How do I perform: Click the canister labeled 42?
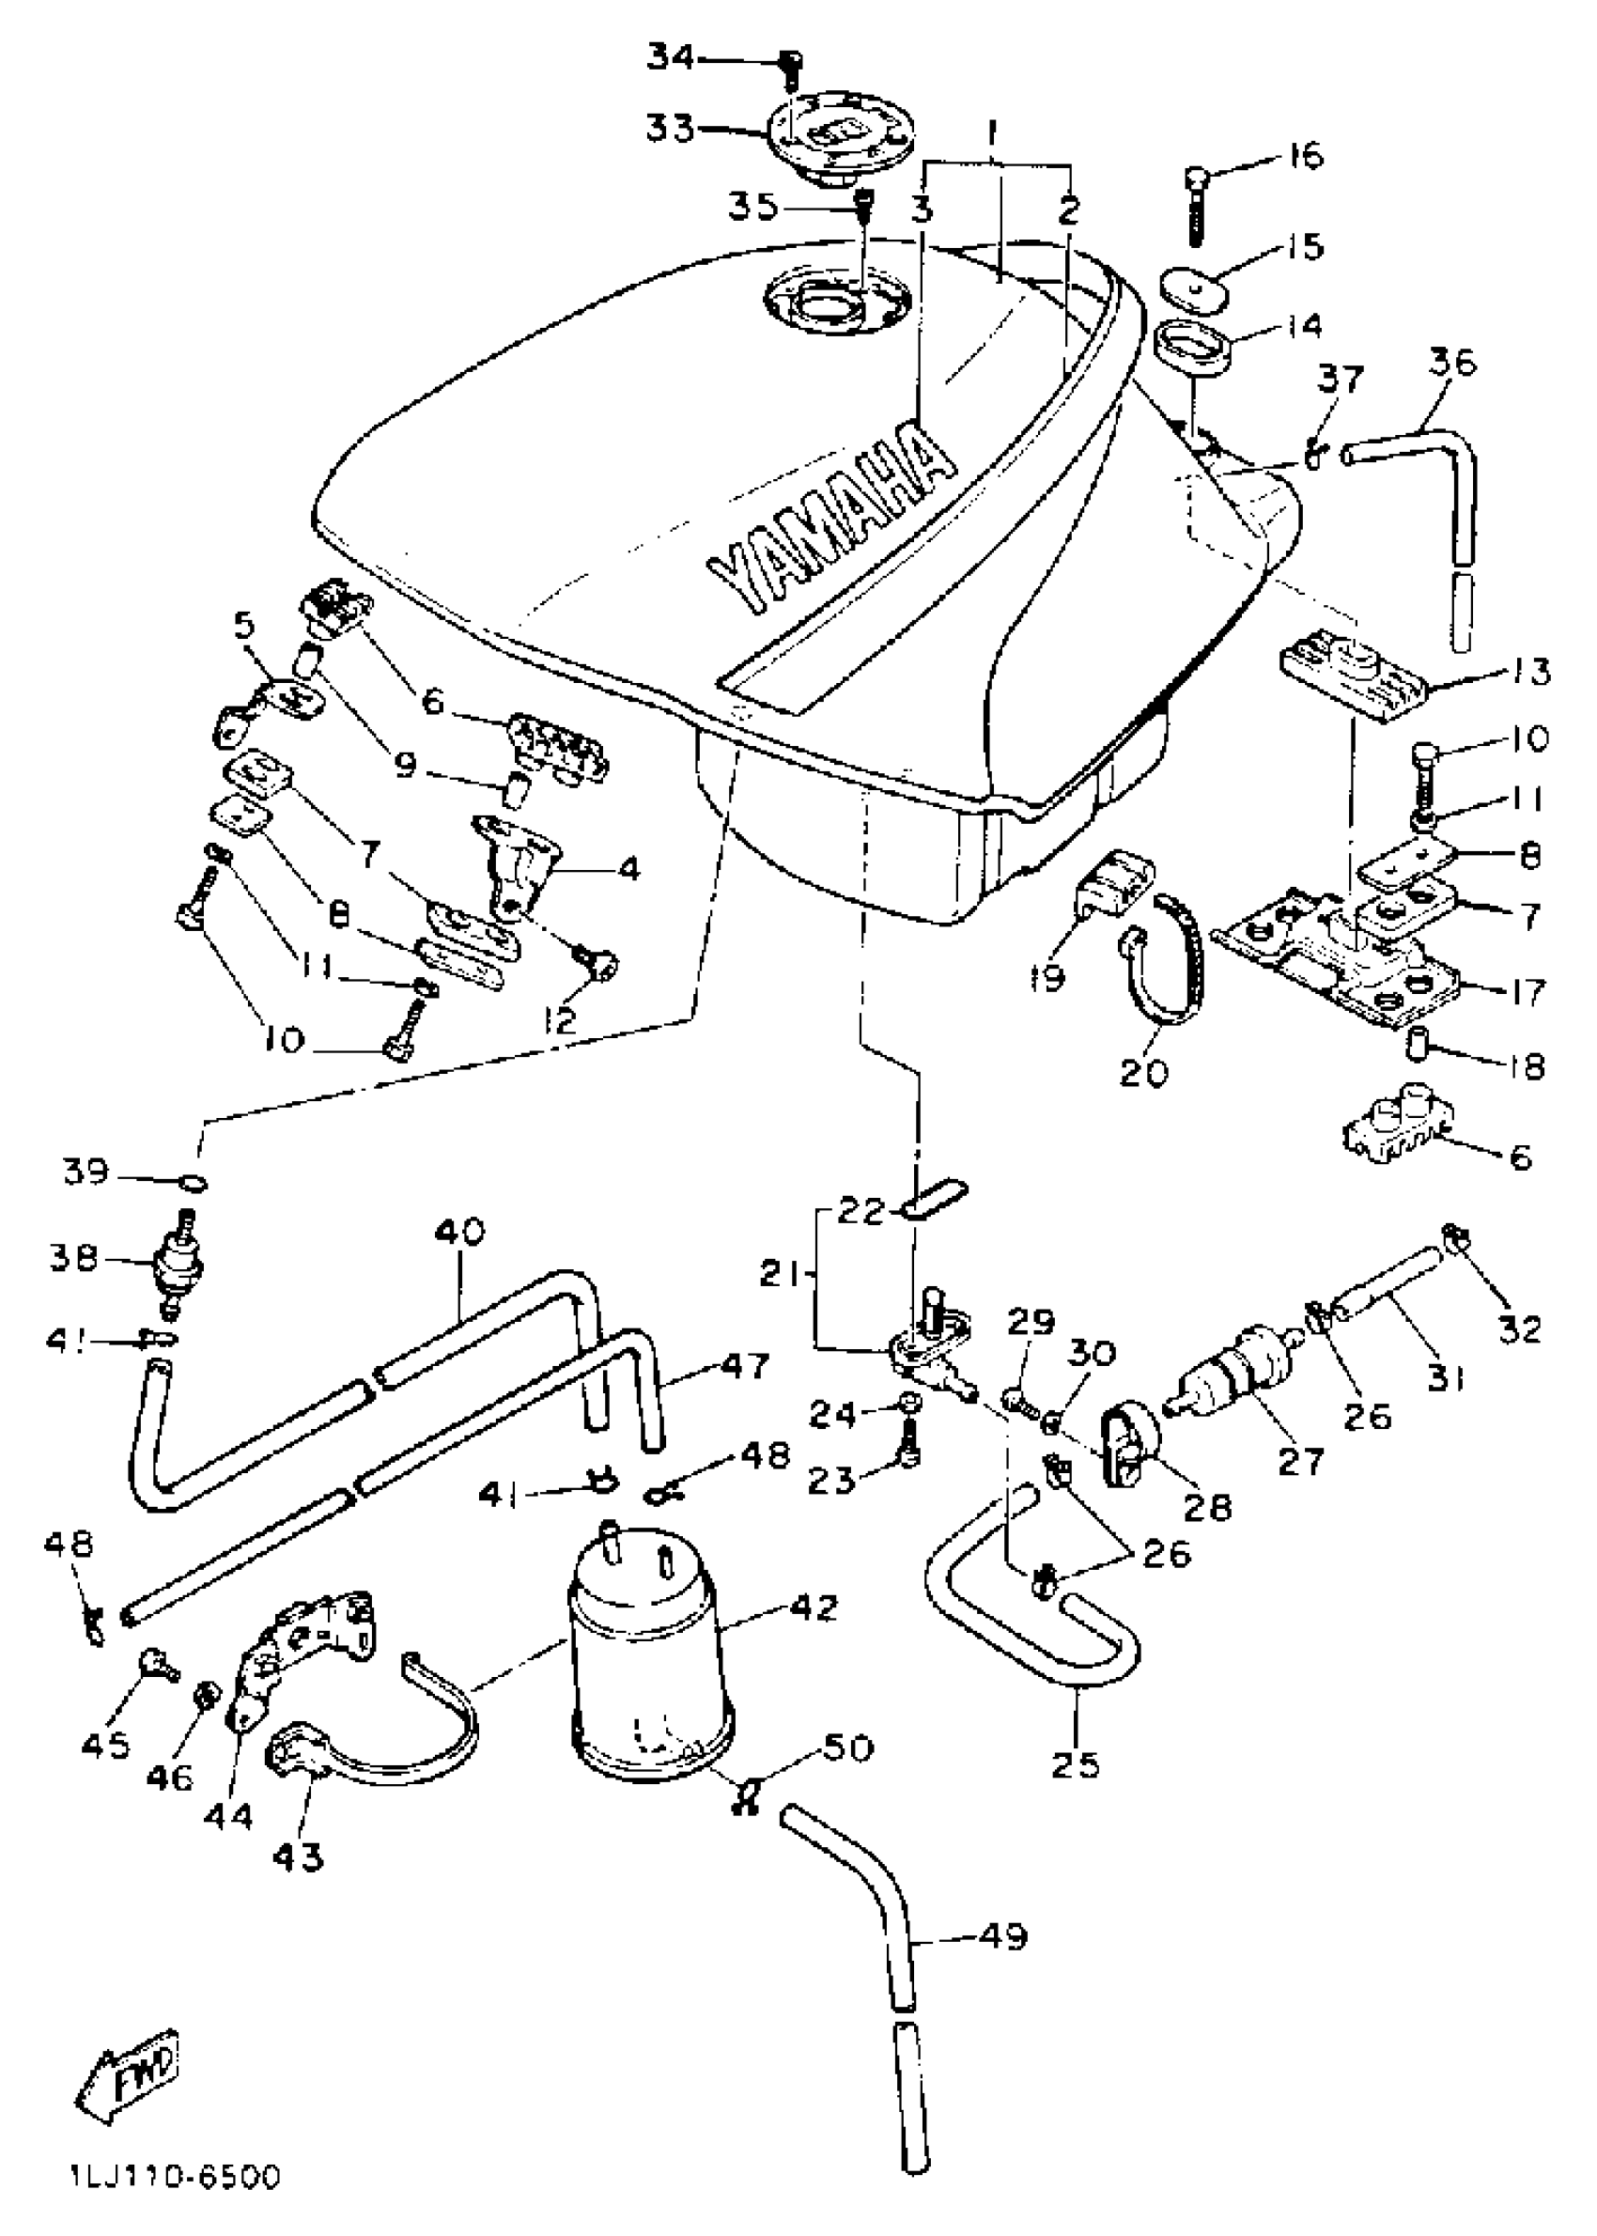click(x=651, y=1662)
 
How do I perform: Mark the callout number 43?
click(x=299, y=1856)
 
